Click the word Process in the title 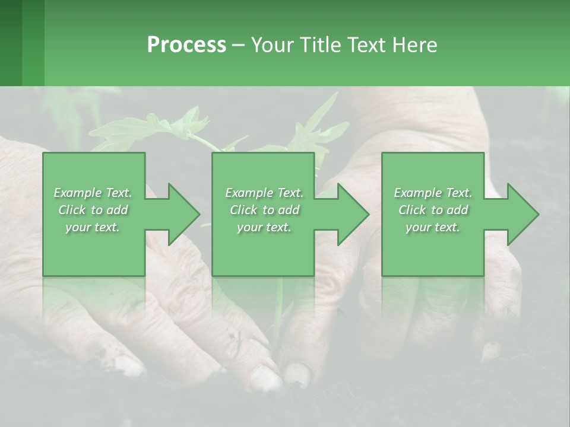coord(186,45)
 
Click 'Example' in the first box coord(77,193)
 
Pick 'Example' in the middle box coord(248,193)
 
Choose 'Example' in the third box coord(417,193)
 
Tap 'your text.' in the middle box coord(264,228)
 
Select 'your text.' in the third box coord(433,228)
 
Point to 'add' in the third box coord(457,210)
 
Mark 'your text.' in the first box coord(93,228)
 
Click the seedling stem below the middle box coord(278,308)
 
